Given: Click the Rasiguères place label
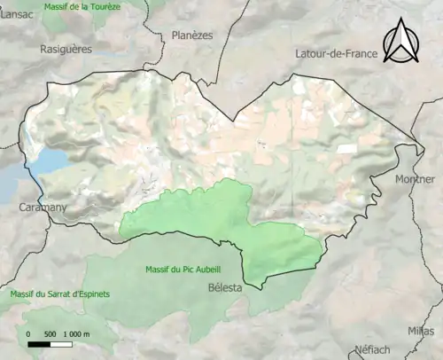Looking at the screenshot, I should pyautogui.click(x=66, y=50).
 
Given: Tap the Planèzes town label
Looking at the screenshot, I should pyautogui.click(x=192, y=35).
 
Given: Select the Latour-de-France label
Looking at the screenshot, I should pyautogui.click(x=336, y=54).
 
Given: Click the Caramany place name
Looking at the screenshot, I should pyautogui.click(x=43, y=207).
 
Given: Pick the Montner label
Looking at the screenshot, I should pyautogui.click(x=415, y=178).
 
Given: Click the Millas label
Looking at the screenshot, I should pyautogui.click(x=422, y=331).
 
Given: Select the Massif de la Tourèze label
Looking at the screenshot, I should pyautogui.click(x=82, y=6).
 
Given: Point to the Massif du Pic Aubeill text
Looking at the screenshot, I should pyautogui.click(x=178, y=269).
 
